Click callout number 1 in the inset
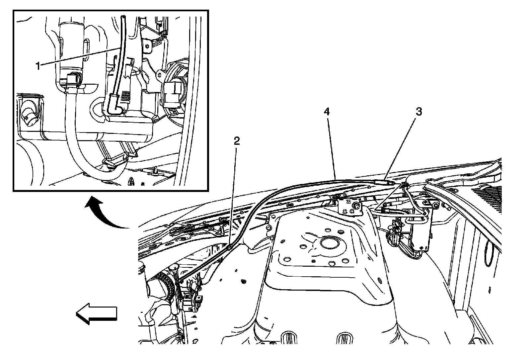38,66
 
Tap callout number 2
236,141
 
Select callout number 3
419,112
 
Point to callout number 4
327,112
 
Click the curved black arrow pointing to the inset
106,213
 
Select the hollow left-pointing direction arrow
96,313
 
